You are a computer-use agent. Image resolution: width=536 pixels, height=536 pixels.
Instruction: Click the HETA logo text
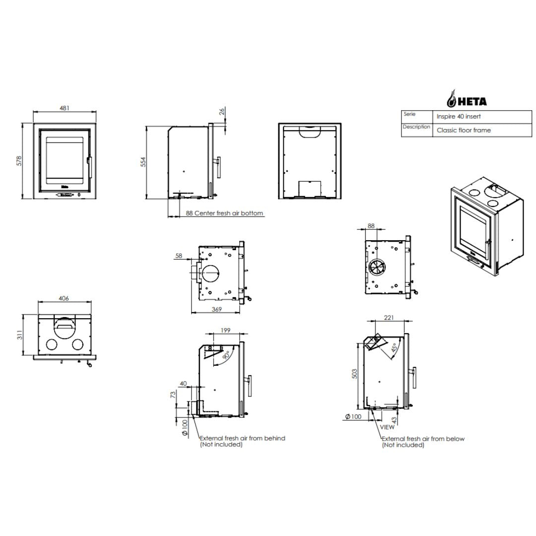click(472, 102)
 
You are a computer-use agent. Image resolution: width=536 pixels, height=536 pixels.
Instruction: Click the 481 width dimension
click(64, 108)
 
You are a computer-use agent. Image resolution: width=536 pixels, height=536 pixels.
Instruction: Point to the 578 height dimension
click(19, 161)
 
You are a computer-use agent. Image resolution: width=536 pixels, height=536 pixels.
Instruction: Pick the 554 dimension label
click(143, 162)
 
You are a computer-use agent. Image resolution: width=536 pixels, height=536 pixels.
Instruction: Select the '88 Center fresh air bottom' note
click(224, 213)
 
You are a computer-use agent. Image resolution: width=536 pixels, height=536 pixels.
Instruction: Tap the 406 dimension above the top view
click(64, 298)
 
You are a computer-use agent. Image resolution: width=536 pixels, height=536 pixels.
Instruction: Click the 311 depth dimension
click(20, 335)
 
